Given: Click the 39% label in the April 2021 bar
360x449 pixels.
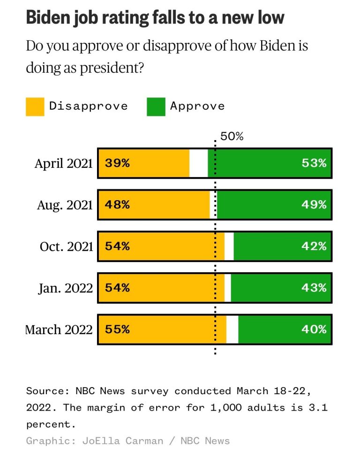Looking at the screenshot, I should click(x=117, y=163).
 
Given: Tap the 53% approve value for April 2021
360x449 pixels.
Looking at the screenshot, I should click(x=314, y=163).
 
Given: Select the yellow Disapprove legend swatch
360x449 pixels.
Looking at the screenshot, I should click(x=35, y=106).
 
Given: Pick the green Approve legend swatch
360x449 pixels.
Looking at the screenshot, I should click(x=156, y=106).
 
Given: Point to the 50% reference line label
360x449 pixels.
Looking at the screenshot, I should click(x=232, y=136).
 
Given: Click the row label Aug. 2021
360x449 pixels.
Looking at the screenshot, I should click(x=65, y=205).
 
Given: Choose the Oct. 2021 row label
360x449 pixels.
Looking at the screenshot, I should click(x=66, y=247).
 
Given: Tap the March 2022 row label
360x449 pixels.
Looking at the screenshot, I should click(x=59, y=329).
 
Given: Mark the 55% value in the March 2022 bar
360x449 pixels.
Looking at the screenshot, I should click(x=117, y=329).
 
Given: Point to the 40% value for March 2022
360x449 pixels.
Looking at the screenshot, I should click(x=314, y=329).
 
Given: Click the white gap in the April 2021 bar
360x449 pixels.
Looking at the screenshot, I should click(x=198, y=163).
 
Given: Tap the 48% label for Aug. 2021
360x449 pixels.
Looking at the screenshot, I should click(x=117, y=205).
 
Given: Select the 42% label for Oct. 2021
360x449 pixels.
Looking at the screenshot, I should click(x=314, y=247).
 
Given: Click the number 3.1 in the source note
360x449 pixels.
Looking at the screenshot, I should click(x=319, y=407).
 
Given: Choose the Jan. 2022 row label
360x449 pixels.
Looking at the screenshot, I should click(x=66, y=288).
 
